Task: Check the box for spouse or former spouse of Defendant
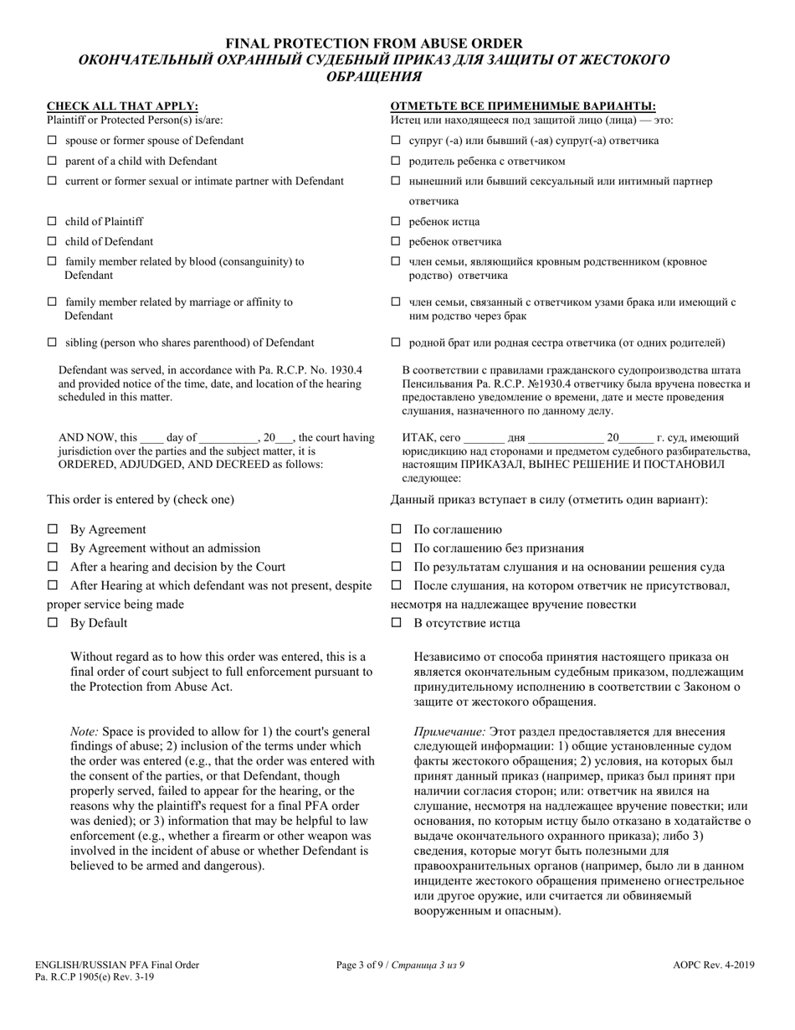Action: click(x=52, y=141)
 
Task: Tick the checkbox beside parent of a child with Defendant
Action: click(x=52, y=161)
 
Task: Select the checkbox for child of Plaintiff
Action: click(x=52, y=222)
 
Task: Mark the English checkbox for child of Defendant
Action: click(x=52, y=242)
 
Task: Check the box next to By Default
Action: click(x=53, y=623)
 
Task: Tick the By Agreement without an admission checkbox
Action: click(x=53, y=548)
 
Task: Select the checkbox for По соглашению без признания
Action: click(x=397, y=548)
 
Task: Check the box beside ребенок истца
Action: click(x=396, y=222)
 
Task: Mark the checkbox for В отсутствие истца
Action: click(x=397, y=623)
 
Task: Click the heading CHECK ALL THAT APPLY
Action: click(x=122, y=106)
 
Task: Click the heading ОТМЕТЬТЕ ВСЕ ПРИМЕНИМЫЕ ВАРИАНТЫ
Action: click(x=523, y=106)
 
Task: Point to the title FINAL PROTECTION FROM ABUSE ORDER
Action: click(x=374, y=43)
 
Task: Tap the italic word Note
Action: click(x=84, y=732)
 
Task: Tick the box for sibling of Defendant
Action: click(x=52, y=342)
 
